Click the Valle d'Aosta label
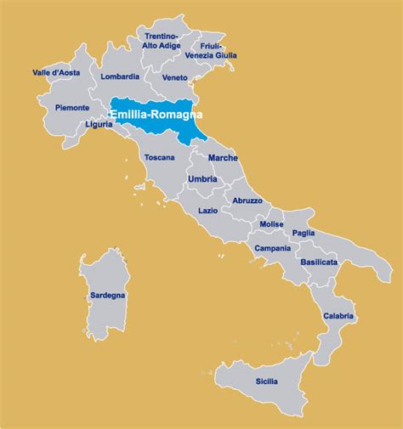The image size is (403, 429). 56,73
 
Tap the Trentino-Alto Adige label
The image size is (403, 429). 161,43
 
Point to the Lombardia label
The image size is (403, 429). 120,76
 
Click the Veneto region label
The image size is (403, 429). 174,77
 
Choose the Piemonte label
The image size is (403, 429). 72,108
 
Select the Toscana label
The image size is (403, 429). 159,157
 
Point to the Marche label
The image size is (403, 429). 223,158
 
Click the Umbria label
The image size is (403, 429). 202,179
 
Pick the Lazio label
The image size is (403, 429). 207,210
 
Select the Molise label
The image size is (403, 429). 271,224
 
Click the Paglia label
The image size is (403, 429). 304,233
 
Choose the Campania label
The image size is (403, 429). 272,248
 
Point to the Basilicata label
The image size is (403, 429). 319,262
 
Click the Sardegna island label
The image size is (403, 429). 107,296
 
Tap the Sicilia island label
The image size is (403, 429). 266,381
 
